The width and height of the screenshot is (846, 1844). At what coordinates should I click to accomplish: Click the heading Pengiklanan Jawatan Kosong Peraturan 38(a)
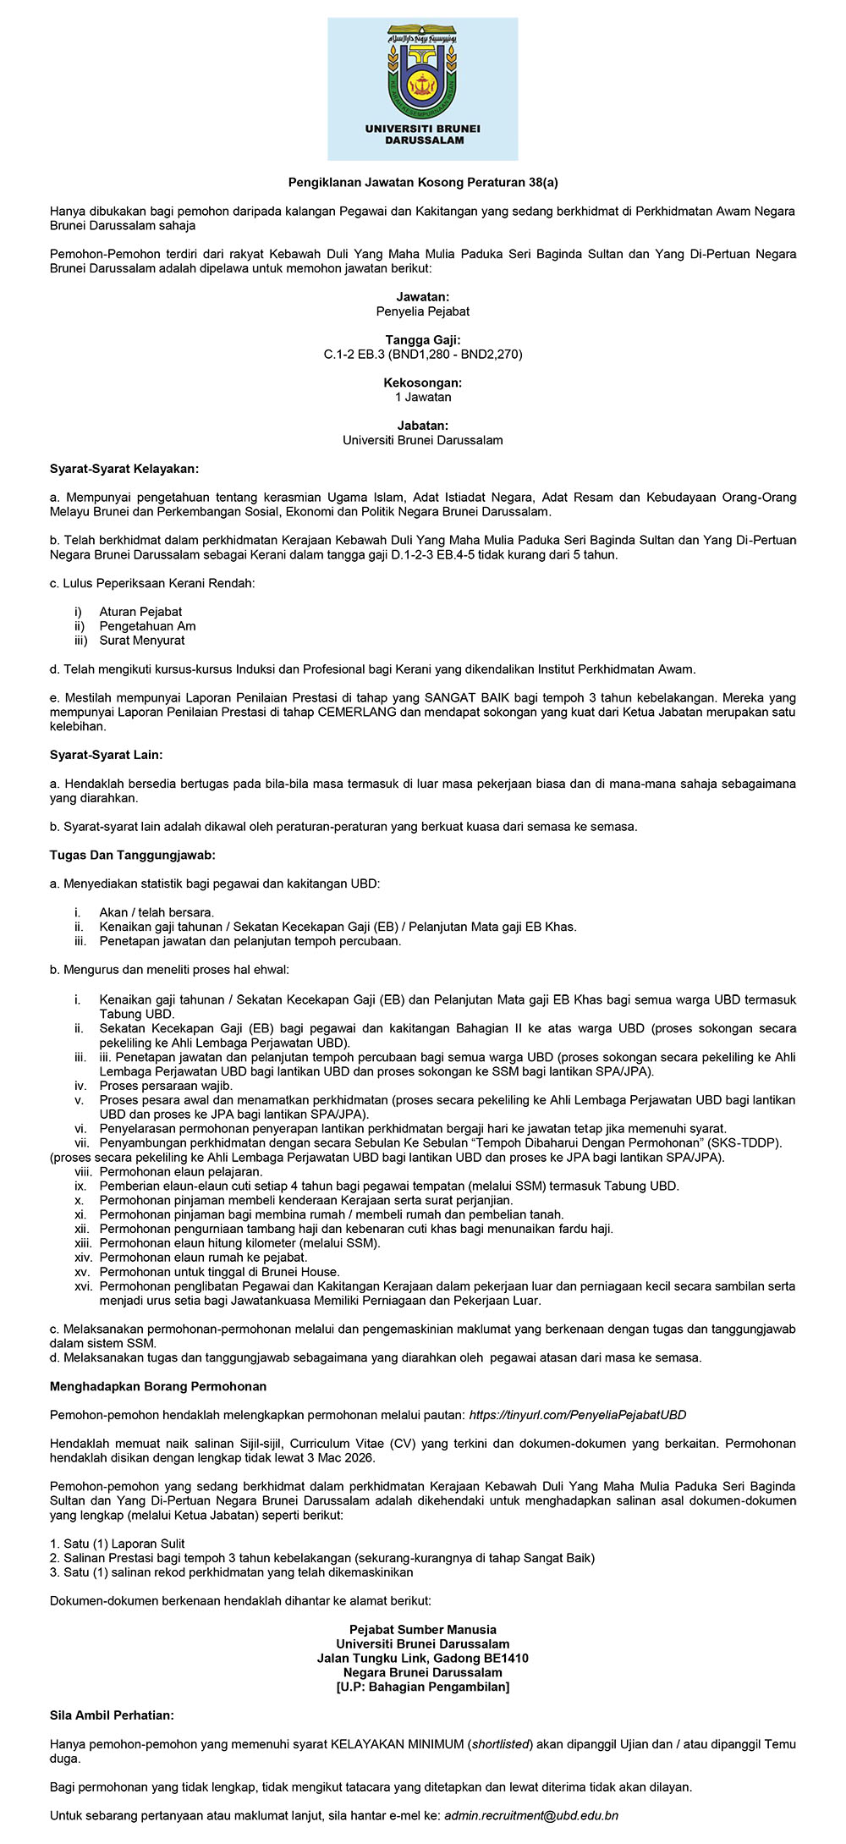423,182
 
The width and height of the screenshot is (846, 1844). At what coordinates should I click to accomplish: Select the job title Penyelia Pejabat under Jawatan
423,311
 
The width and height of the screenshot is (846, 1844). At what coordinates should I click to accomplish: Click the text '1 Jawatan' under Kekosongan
423,398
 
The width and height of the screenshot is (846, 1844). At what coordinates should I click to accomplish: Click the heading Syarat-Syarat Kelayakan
124,469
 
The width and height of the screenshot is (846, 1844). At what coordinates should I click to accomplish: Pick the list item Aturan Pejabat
140,612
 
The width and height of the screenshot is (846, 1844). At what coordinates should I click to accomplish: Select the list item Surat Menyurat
141,641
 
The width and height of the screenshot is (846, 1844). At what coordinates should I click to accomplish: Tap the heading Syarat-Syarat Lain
107,755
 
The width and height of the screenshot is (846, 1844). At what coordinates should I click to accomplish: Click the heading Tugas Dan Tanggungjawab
133,856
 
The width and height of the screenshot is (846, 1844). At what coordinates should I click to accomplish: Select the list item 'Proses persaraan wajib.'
166,1086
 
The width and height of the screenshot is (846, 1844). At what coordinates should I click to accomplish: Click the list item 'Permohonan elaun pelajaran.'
181,1172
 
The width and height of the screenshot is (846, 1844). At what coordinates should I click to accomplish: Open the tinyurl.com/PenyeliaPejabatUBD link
577,1415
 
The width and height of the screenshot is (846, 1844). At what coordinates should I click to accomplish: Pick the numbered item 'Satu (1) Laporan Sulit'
124,1544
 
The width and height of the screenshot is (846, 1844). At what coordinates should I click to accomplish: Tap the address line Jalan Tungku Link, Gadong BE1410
423,1659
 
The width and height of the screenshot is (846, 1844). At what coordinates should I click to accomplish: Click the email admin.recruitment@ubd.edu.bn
531,1816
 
